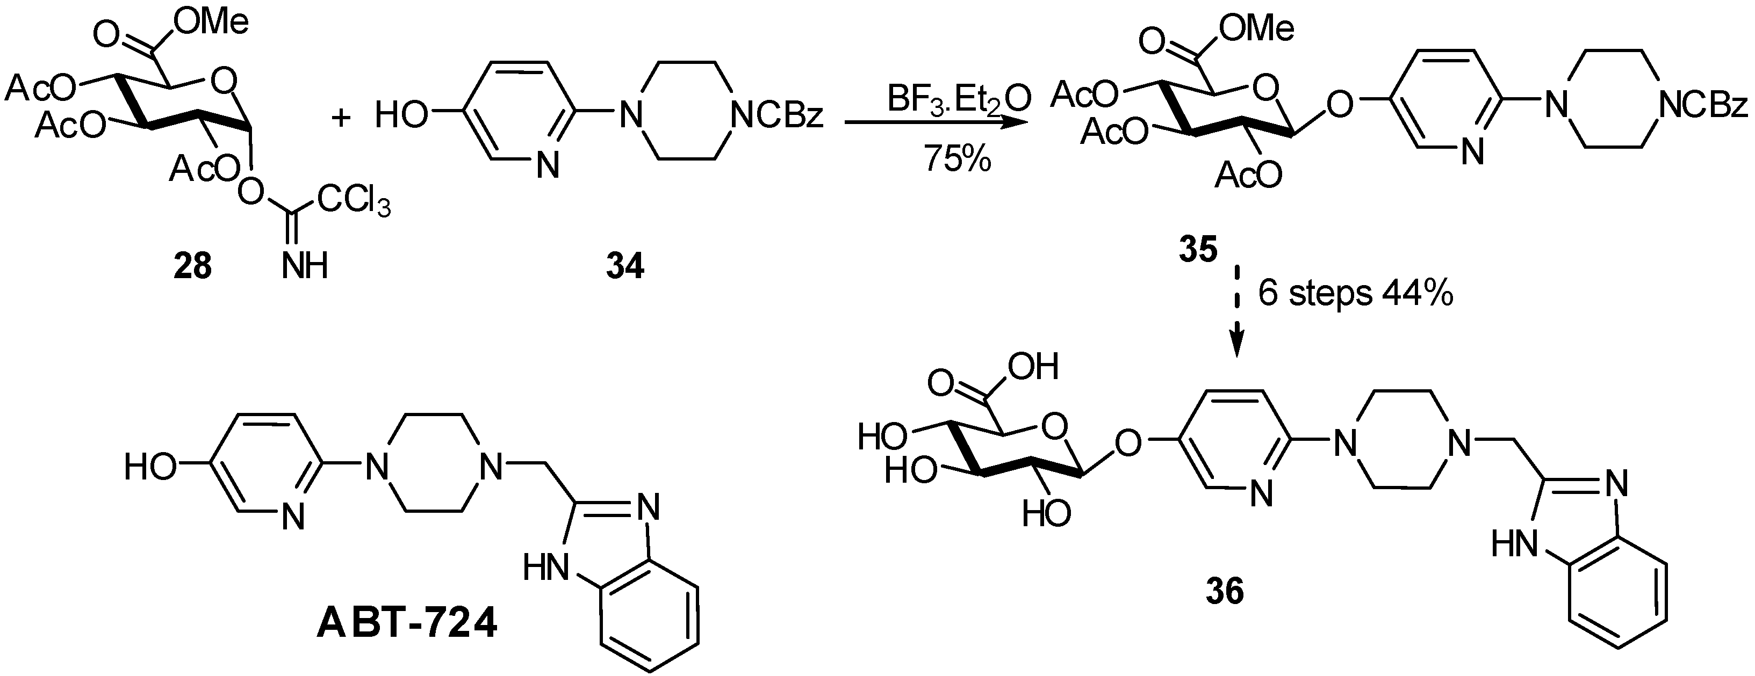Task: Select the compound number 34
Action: pyautogui.click(x=625, y=267)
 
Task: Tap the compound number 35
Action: pyautogui.click(x=1198, y=251)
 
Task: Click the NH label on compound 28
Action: pyautogui.click(x=305, y=267)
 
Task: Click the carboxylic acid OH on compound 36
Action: pyautogui.click(x=1032, y=367)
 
